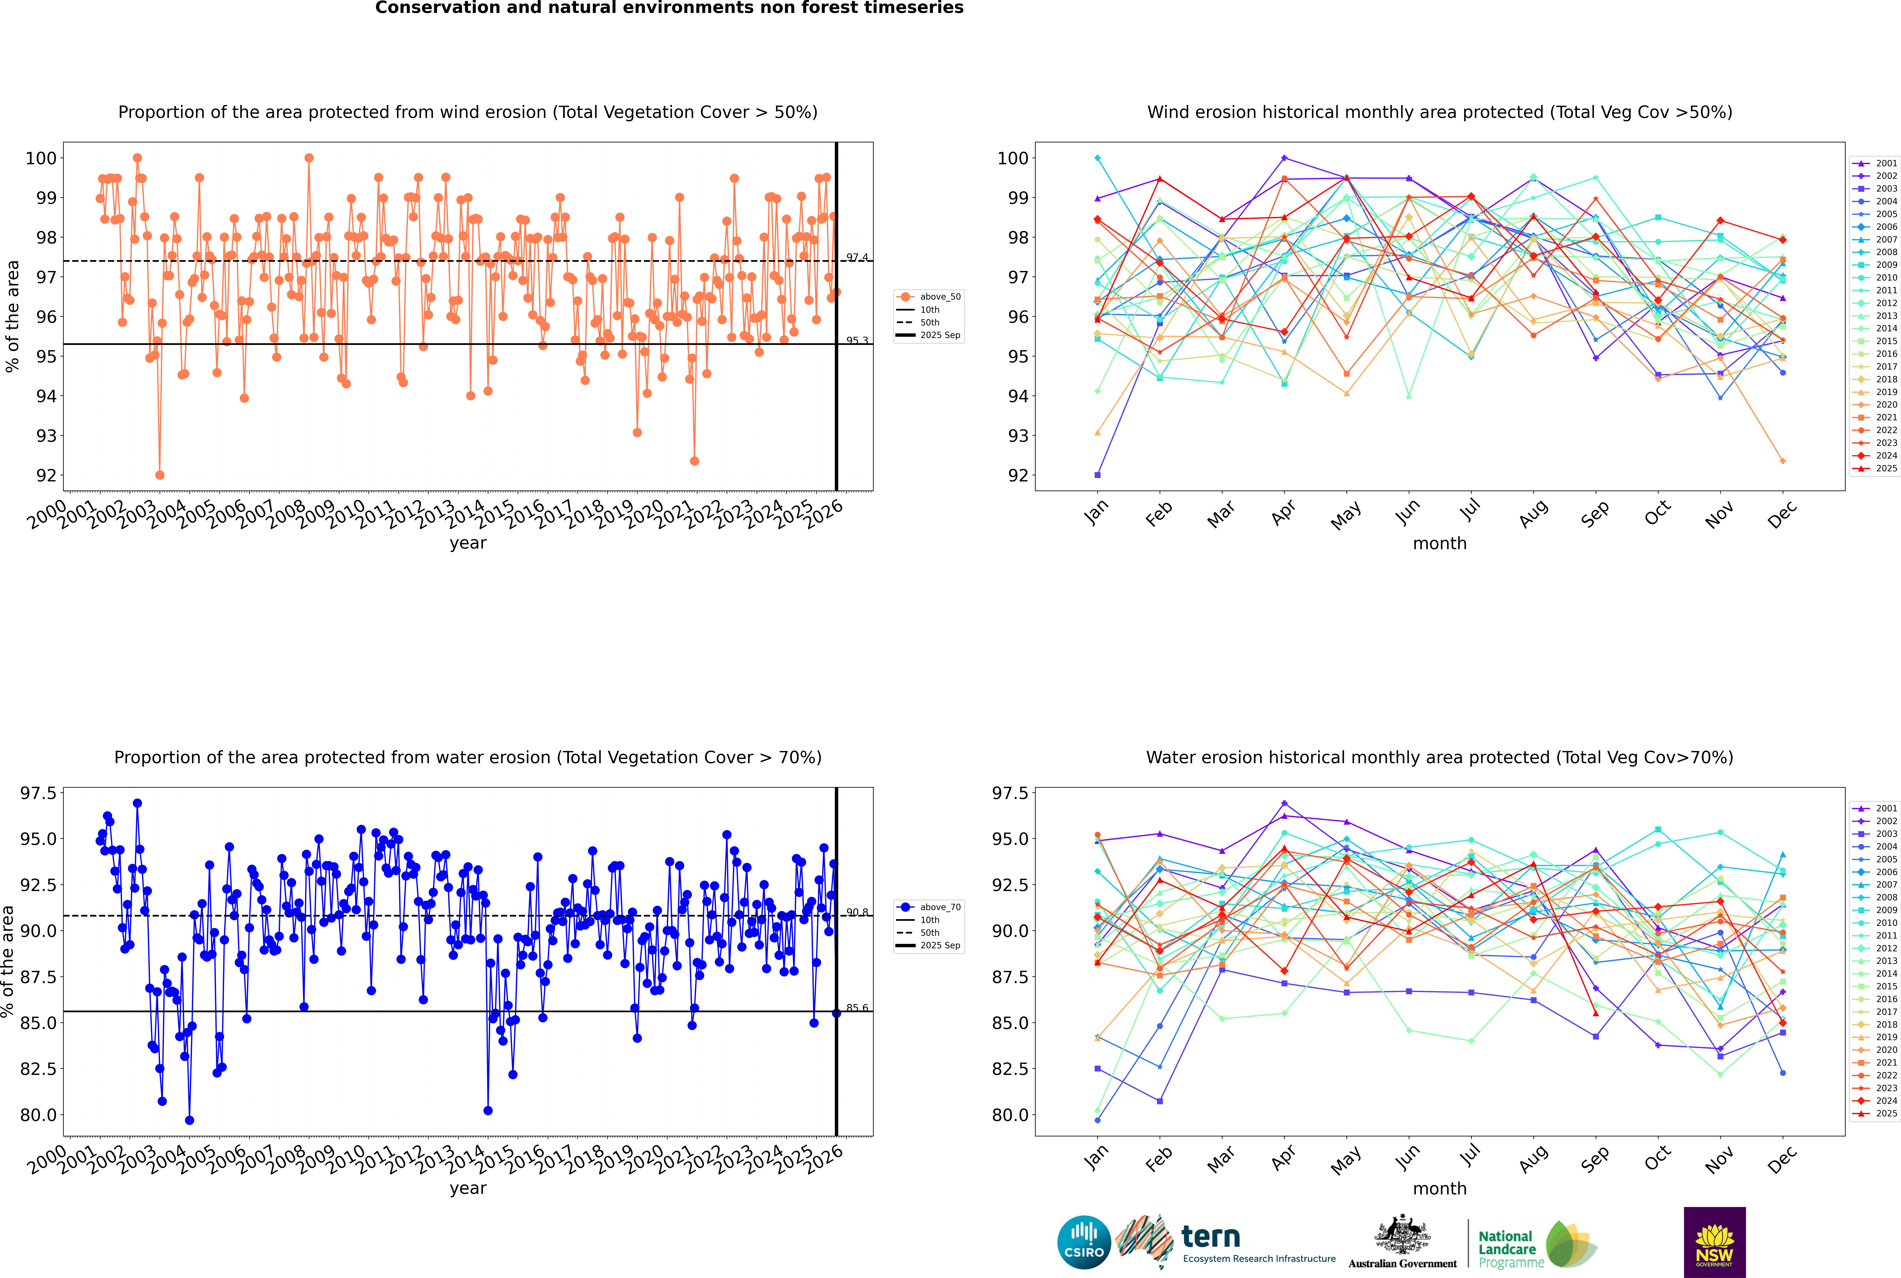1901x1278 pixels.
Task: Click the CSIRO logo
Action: coord(1084,1242)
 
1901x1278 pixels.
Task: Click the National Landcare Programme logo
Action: coord(1536,1245)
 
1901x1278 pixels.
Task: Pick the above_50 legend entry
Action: coord(929,297)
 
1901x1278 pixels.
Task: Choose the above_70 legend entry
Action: coord(929,907)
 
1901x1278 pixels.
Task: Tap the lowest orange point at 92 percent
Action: coord(160,475)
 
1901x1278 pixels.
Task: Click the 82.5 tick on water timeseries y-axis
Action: coord(38,1068)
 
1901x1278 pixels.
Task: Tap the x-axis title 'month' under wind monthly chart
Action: coord(1440,544)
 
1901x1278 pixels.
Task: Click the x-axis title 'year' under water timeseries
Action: coord(468,1188)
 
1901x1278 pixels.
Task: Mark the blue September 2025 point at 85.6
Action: coord(836,1013)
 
